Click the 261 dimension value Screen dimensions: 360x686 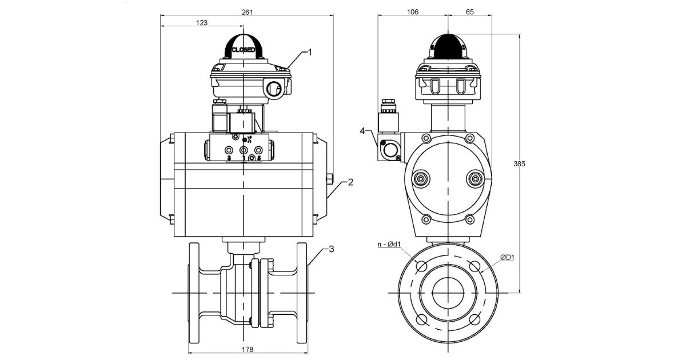[247, 11]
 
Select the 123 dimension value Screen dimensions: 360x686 [201, 23]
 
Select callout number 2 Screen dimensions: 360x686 [350, 182]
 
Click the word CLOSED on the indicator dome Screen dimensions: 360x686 [244, 50]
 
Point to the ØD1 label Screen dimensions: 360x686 [507, 257]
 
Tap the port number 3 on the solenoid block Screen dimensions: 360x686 [229, 158]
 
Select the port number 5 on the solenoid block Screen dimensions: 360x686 [259, 158]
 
